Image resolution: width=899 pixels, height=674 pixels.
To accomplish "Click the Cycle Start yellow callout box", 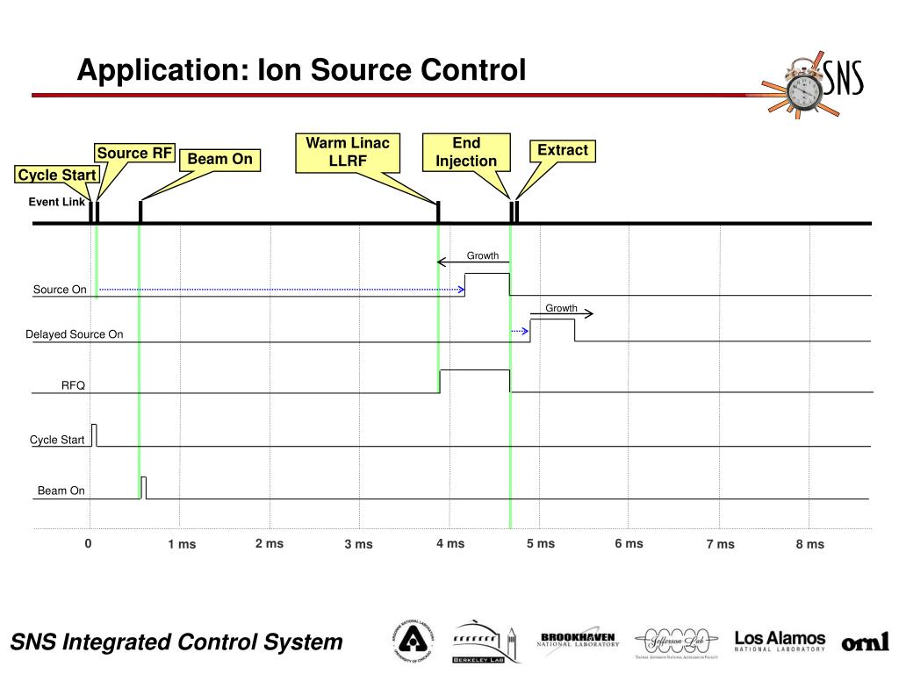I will click(57, 176).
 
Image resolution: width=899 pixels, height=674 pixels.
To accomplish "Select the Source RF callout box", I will click(134, 154).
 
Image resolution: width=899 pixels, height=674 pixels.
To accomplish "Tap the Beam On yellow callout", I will click(219, 160).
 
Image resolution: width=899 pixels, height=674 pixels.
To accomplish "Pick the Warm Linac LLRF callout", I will click(348, 152).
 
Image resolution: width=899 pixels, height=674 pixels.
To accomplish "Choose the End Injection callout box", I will click(466, 152).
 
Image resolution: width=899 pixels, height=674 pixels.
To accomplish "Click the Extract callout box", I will click(562, 151).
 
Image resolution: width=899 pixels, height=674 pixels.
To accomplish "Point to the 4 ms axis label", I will click(450, 543).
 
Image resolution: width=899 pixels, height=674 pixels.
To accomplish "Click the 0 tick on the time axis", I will click(89, 543).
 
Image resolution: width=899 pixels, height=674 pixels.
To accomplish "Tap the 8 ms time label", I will click(810, 544).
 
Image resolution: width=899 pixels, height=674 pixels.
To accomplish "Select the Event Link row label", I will click(57, 202).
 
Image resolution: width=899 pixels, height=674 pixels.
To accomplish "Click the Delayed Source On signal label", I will click(75, 334).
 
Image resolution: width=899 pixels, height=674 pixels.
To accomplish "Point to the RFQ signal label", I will click(73, 385).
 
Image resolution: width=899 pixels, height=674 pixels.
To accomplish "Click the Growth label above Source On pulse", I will click(482, 256).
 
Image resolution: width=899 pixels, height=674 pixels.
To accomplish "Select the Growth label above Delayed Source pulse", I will click(561, 308).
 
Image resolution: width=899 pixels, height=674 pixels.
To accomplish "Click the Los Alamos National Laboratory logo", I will click(780, 642).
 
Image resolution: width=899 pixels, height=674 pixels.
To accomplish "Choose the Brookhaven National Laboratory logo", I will click(578, 641).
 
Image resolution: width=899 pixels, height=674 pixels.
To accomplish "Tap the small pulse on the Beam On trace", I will click(144, 487).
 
